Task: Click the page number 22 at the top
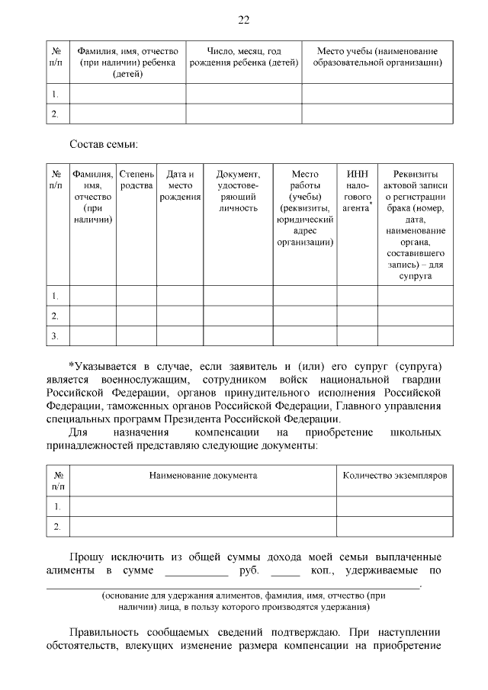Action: (x=244, y=20)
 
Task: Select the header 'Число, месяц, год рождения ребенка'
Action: (x=244, y=56)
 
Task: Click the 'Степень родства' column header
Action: (x=137, y=180)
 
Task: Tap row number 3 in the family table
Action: (x=55, y=335)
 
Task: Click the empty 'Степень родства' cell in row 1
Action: (x=137, y=295)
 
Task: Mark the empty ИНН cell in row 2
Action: (x=358, y=316)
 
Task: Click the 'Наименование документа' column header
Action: (x=203, y=476)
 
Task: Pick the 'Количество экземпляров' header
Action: (x=394, y=476)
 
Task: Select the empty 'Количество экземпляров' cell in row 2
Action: (x=394, y=526)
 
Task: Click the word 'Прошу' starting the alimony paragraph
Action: (x=87, y=557)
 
